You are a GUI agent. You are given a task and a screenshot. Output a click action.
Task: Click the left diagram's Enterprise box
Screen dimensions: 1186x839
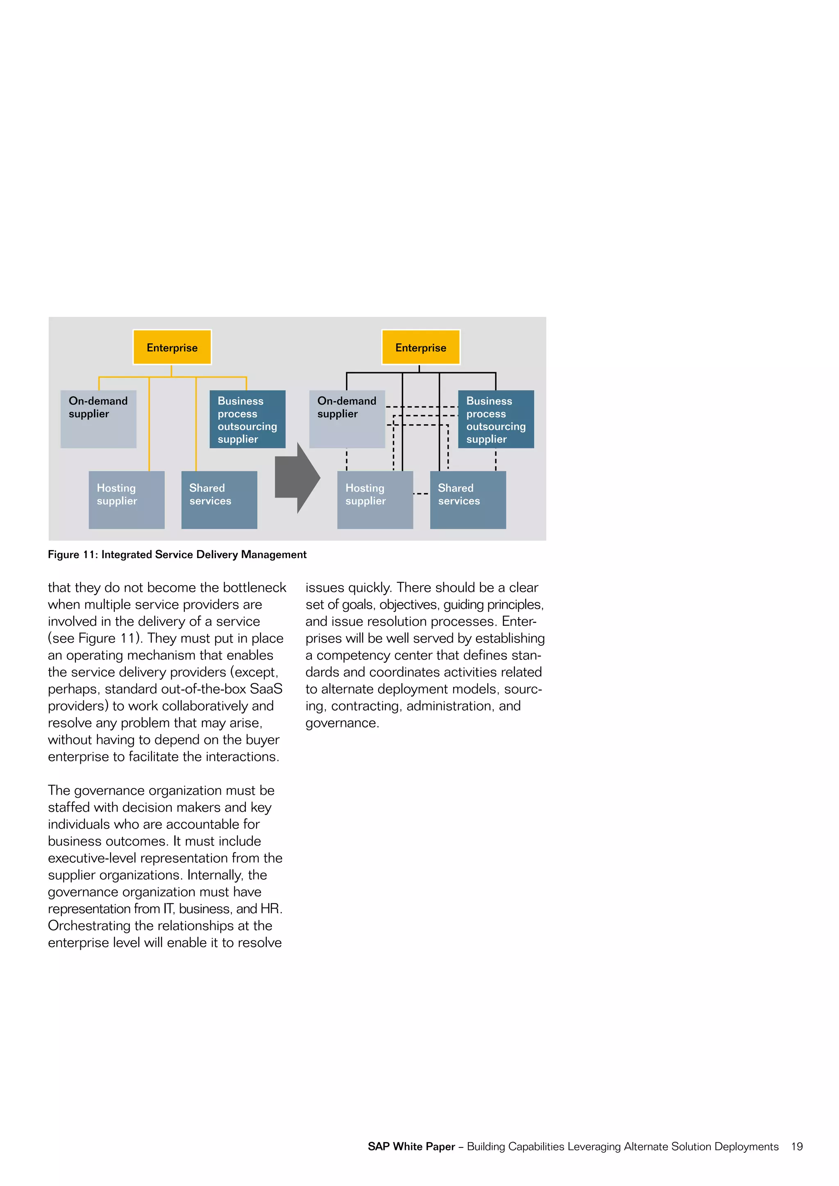172,347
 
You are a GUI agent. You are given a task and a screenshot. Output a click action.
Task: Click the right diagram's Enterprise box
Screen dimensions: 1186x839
421,347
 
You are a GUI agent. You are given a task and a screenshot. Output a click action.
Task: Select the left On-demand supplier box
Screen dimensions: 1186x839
98,419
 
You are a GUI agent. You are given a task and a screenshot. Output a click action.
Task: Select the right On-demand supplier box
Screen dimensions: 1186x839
347,419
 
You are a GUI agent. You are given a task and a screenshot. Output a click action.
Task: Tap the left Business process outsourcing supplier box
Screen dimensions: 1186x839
247,419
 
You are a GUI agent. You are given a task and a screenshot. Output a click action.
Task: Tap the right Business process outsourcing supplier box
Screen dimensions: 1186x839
496,419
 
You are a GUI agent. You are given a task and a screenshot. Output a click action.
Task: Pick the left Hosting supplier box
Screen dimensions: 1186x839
127,500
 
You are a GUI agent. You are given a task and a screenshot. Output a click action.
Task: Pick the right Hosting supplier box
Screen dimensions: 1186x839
375,500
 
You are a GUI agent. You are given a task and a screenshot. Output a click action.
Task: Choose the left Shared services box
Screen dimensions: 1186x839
219,500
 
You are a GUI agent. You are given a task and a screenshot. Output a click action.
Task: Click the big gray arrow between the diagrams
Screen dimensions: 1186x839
297,478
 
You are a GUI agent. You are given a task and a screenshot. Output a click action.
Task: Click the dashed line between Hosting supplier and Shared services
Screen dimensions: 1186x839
421,494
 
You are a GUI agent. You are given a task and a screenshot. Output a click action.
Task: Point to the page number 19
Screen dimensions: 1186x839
797,1146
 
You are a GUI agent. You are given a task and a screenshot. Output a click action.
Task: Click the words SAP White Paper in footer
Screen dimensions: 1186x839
411,1146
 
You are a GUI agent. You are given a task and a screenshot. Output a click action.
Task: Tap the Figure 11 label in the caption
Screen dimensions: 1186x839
73,554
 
